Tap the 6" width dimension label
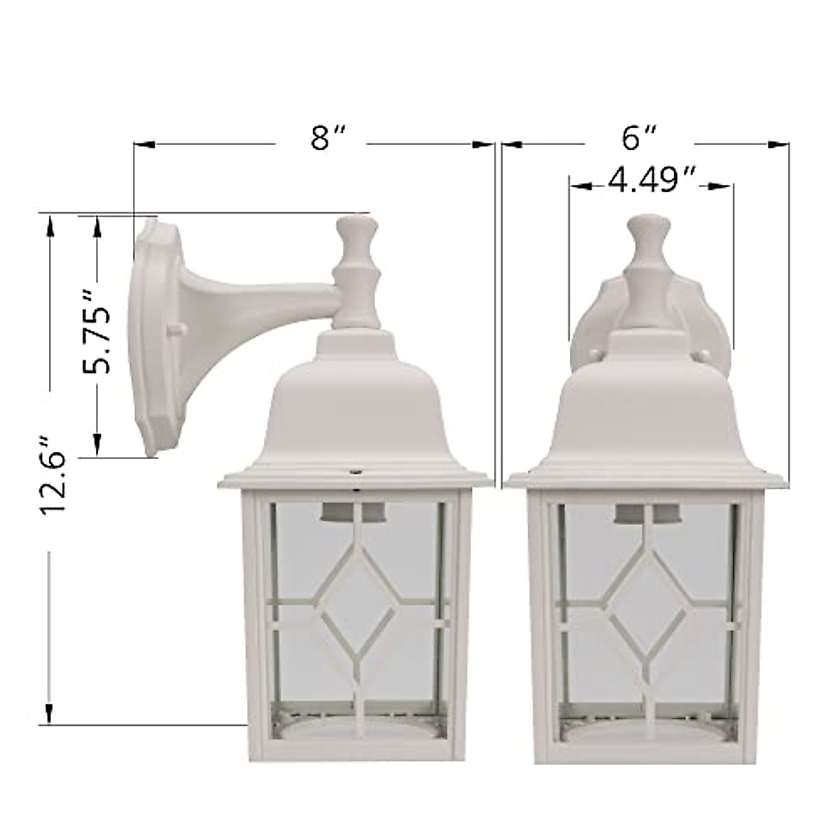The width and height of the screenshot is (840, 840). [639, 139]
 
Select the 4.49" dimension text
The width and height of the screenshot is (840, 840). [652, 181]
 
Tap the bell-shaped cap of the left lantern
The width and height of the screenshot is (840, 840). [353, 406]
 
